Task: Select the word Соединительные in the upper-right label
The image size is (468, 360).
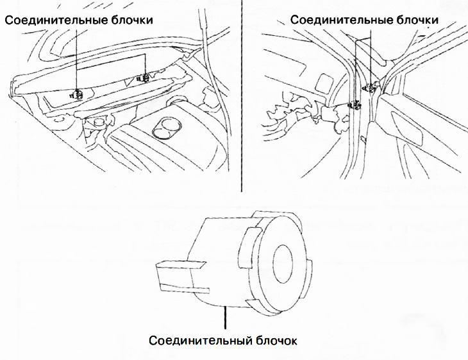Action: tap(331, 20)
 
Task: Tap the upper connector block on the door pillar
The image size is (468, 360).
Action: tap(367, 86)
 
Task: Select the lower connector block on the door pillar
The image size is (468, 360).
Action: tap(353, 105)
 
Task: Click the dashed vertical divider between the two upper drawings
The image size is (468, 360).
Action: tap(242, 96)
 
